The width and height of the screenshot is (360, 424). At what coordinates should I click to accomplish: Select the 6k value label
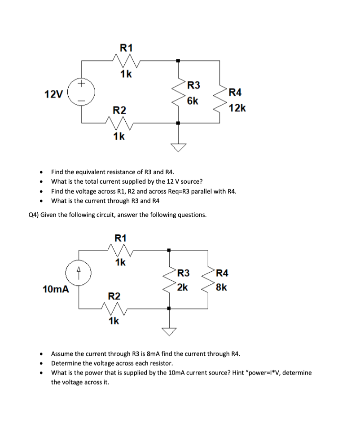pos(193,101)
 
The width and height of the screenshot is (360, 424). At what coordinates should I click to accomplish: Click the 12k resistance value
pos(237,108)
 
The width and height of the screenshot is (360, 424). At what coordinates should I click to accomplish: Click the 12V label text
pos(53,94)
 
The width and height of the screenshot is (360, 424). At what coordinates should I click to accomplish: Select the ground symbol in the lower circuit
pos(169,331)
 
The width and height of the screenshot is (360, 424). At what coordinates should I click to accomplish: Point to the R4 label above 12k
pos(235,93)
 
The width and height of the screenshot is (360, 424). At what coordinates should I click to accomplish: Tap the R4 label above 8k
pos(222,273)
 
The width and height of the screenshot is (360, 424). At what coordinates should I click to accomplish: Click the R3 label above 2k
pos(184,273)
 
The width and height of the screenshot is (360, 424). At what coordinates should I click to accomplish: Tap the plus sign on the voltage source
pos(81,83)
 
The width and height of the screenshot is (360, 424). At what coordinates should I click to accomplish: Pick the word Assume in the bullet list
pos(62,353)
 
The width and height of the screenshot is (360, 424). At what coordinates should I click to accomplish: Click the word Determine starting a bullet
pos(66,363)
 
